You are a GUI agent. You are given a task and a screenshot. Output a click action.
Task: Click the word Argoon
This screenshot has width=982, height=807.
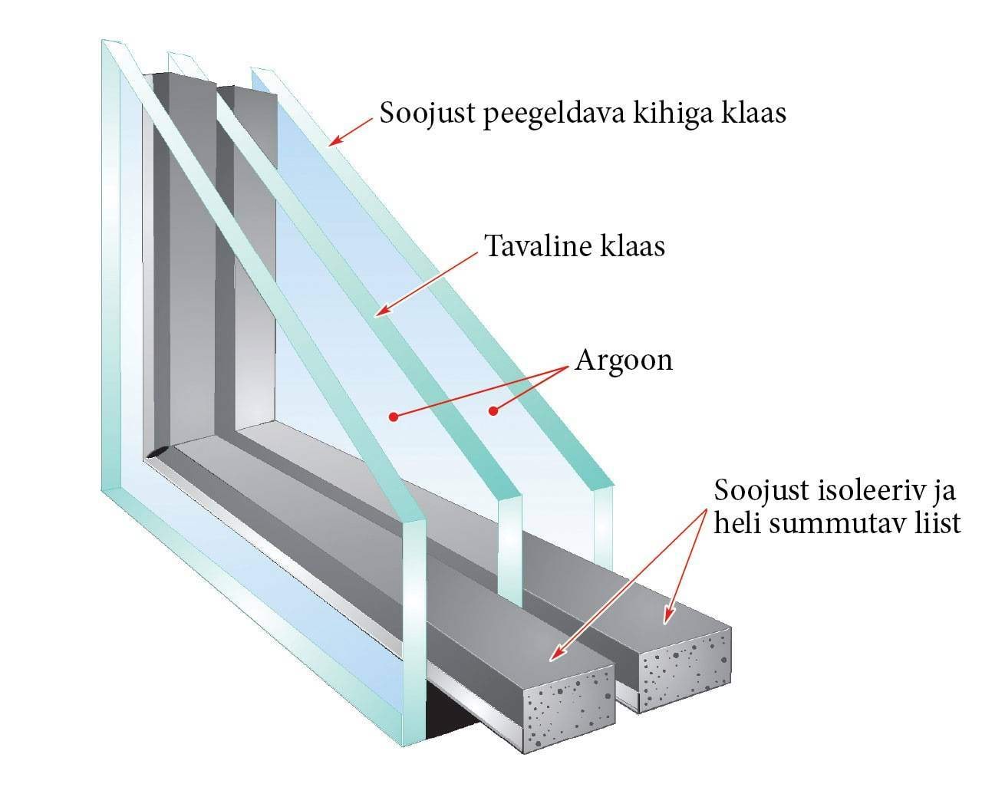coord(624,360)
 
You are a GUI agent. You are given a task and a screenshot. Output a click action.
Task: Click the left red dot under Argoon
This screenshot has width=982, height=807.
coord(393,417)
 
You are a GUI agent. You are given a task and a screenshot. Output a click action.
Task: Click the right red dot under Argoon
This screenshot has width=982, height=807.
coord(493,411)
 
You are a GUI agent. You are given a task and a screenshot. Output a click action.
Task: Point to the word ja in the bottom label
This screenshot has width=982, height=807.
coord(944,490)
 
